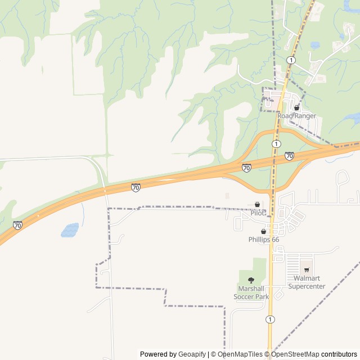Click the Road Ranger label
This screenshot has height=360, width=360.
pos(300,116)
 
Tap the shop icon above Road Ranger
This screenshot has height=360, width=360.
pos(296,107)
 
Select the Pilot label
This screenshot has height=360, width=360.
pos(258,213)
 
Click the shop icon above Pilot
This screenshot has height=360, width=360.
pos(258,205)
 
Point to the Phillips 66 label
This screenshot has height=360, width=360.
pos(264,240)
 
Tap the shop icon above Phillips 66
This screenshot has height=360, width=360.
pos(263,231)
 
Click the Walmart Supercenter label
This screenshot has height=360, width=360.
pos(307,282)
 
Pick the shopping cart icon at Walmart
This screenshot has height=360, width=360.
pos(307,270)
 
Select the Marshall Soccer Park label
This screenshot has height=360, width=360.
pos(251,292)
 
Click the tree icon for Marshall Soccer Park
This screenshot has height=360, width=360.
pos(251,280)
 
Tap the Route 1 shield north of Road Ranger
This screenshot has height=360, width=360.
pos(291,60)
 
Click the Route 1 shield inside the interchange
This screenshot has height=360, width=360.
pos(276,145)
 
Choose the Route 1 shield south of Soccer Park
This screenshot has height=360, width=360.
pos(271,319)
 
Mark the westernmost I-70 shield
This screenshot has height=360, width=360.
pos(17,226)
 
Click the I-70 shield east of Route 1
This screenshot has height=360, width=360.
pos(289,156)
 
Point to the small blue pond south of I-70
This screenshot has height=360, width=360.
pos(70,230)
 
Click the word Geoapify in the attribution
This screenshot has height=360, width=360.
pos(192,354)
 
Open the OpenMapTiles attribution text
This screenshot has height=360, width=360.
pos(240,354)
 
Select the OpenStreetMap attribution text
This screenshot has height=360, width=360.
pos(295,354)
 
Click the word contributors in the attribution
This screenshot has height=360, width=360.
pos(339,354)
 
